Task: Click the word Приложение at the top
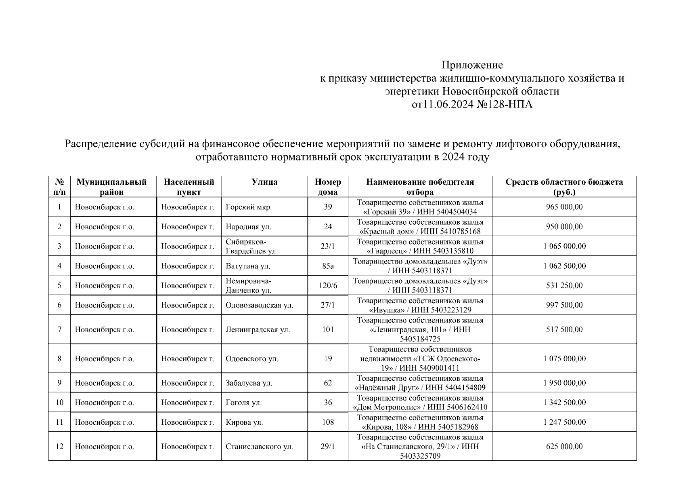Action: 472,65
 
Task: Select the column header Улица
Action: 264,182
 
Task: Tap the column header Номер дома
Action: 328,187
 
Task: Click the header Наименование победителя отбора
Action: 420,187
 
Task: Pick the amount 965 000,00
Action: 564,207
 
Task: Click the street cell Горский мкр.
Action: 249,207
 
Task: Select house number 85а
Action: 328,266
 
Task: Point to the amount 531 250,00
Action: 564,286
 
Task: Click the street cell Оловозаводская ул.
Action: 260,305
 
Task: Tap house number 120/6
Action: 328,286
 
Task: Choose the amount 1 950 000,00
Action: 564,383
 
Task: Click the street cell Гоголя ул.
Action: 243,403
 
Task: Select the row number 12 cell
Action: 59,447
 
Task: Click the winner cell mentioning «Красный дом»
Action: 420,227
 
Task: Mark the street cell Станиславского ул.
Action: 259,447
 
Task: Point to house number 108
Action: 328,422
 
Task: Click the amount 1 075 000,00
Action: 564,358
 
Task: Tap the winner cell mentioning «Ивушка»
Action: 420,305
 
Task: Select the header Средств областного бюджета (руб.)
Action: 564,187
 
